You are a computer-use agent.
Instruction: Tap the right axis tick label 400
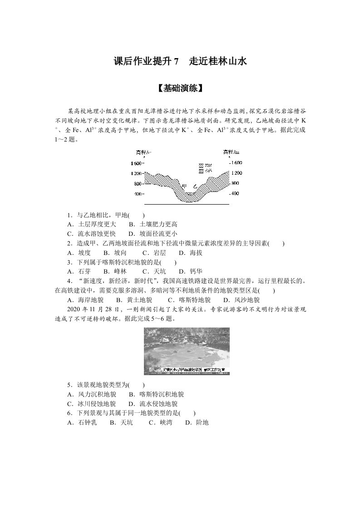coord(234,194)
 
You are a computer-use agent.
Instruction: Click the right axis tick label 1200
coord(236,173)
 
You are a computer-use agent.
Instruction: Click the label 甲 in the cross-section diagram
coord(184,186)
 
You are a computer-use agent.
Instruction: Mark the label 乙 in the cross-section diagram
coord(195,186)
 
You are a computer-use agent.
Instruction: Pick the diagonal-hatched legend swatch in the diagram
coord(202,166)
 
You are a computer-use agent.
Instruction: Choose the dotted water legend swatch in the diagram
coord(202,171)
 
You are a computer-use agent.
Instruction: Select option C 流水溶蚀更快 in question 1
coord(91,234)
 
